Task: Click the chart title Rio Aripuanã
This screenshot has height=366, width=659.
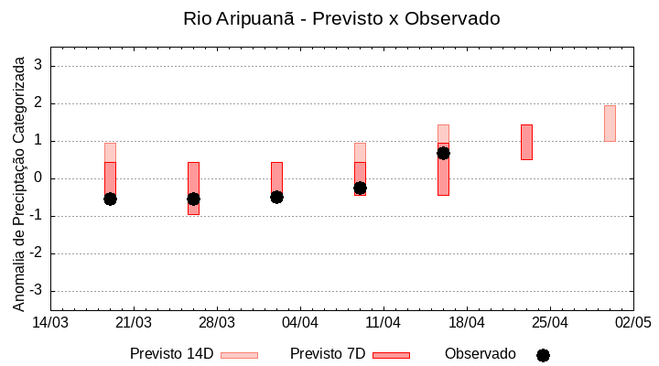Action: (x=341, y=18)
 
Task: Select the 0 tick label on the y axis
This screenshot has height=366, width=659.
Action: (x=39, y=178)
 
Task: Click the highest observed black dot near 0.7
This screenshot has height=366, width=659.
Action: (x=443, y=153)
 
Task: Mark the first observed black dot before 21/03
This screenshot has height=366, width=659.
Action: (x=110, y=199)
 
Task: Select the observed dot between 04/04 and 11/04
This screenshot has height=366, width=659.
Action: (x=360, y=188)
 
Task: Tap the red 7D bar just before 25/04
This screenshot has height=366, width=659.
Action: (x=526, y=142)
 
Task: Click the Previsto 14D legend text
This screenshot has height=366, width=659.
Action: (x=171, y=354)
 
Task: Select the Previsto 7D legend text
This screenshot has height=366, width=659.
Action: (x=328, y=354)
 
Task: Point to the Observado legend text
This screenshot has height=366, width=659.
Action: (x=481, y=354)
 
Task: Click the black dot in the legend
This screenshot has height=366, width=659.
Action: (x=543, y=355)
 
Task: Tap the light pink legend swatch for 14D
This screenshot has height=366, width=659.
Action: (x=239, y=355)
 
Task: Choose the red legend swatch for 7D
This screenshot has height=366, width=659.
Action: (x=391, y=355)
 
